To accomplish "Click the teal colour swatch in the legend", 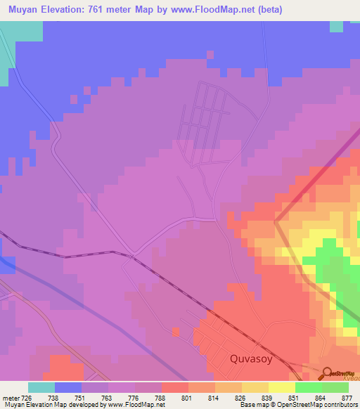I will (41, 387).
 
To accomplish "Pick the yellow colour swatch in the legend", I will (281, 387).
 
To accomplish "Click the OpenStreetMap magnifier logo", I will (328, 373).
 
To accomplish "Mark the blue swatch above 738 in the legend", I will (68, 387).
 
